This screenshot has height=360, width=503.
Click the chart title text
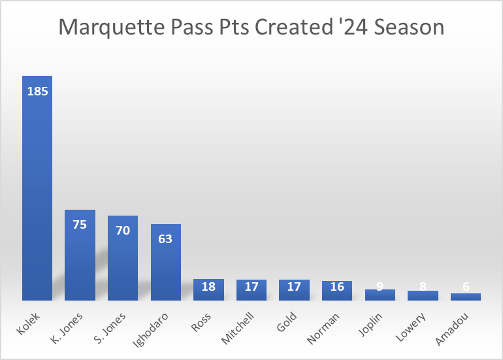pyautogui.click(x=252, y=27)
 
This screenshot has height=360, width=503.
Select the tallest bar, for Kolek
pyautogui.click(x=37, y=196)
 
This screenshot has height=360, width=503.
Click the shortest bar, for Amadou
pyautogui.click(x=466, y=297)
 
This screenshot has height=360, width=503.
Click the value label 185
pyautogui.click(x=37, y=91)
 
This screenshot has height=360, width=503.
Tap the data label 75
pyautogui.click(x=80, y=225)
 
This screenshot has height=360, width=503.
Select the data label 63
pyautogui.click(x=166, y=239)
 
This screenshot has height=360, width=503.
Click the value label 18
pyautogui.click(x=208, y=287)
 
